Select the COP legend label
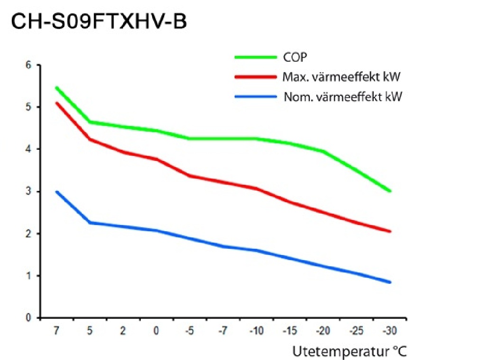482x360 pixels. (295, 57)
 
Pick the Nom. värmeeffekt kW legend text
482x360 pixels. (343, 97)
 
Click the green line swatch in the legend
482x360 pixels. (255, 57)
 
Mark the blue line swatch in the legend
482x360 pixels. (255, 97)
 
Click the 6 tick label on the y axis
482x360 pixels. (28, 65)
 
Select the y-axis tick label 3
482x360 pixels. (28, 192)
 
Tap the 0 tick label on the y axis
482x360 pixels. (28, 318)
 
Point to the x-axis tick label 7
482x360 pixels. (56, 331)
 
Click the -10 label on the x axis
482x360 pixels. (257, 331)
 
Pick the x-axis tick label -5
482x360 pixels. (190, 331)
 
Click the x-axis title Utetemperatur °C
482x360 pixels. (350, 351)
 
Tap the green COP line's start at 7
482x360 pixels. (56, 88)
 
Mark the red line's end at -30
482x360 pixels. (389, 231)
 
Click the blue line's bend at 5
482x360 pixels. (90, 222)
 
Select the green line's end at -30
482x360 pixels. (389, 191)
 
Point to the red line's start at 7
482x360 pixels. (56, 103)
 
